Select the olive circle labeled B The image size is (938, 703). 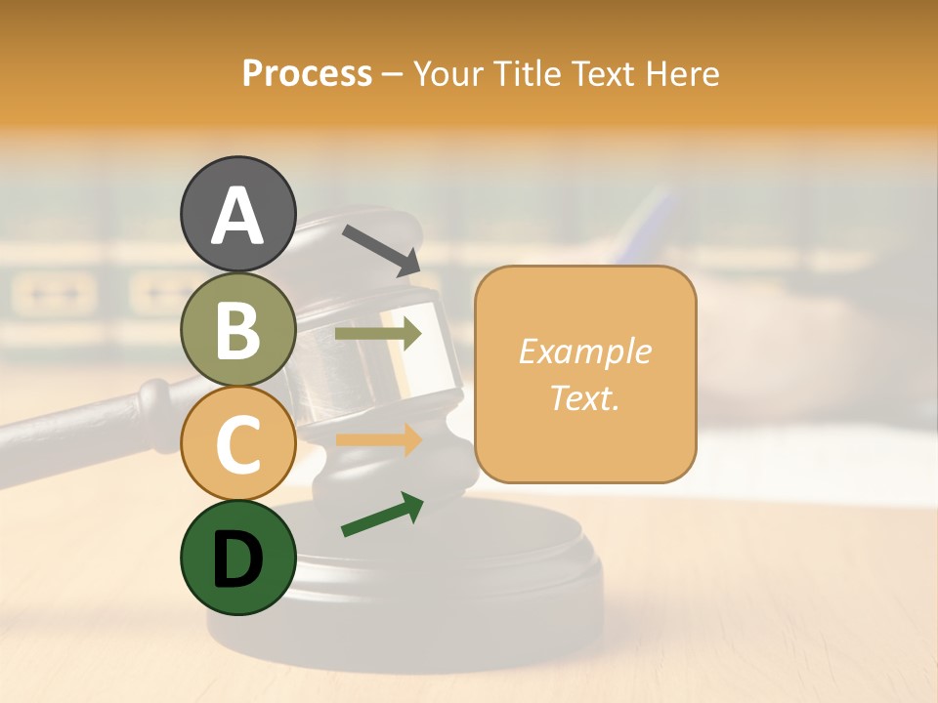click(x=238, y=329)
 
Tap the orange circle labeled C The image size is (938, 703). click(x=238, y=443)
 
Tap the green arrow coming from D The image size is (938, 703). click(x=382, y=515)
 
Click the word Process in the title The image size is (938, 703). click(x=307, y=73)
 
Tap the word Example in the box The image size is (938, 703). click(x=584, y=351)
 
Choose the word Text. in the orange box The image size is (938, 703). click(x=584, y=398)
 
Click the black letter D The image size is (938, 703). click(x=238, y=559)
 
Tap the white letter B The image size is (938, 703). click(x=238, y=329)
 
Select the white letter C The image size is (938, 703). click(x=238, y=443)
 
